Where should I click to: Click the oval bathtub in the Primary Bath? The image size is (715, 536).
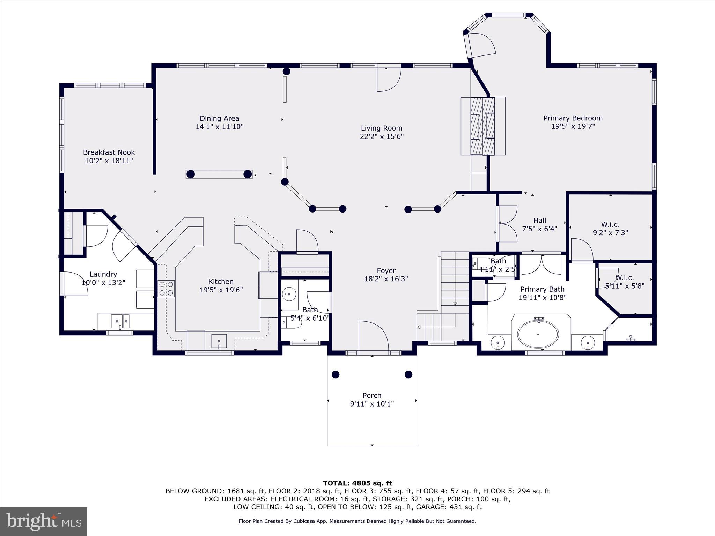(x=538, y=334)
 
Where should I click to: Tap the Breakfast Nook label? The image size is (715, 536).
(x=109, y=152)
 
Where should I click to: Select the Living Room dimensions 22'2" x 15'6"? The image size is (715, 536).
(x=382, y=136)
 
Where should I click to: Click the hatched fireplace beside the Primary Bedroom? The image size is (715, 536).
(x=482, y=126)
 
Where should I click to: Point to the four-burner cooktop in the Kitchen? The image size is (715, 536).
(x=166, y=289)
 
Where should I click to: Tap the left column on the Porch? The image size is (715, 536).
(x=335, y=375)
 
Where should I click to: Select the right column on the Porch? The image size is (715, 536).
(x=408, y=375)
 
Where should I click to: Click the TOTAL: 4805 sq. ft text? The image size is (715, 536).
(x=357, y=483)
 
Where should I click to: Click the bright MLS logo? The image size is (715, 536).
(x=44, y=521)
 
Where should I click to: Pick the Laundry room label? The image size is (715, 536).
(x=103, y=274)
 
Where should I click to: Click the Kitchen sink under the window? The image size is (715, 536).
(x=219, y=341)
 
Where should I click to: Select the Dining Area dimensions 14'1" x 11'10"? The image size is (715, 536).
(x=219, y=127)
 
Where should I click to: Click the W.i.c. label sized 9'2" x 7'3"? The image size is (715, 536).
(x=610, y=224)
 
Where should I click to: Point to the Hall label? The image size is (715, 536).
(x=539, y=221)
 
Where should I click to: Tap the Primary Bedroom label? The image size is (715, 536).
(x=573, y=118)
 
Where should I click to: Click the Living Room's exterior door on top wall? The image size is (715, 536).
(x=389, y=79)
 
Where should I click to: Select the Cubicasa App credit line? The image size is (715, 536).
(x=357, y=521)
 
